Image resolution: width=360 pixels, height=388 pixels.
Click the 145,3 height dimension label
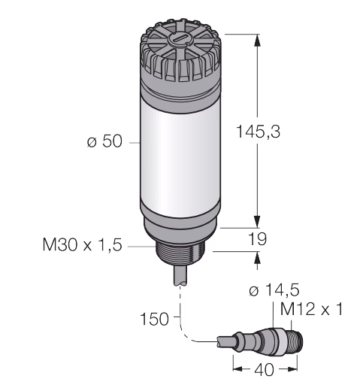click(258, 132)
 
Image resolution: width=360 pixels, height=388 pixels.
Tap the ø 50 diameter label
click(104, 141)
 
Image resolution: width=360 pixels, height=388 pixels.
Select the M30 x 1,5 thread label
click(83, 244)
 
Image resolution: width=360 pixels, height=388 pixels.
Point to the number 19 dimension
click(257, 239)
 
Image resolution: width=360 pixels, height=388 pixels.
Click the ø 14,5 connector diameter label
click(274, 290)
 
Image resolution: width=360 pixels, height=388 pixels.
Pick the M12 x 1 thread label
click(311, 309)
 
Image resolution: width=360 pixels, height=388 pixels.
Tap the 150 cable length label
click(154, 319)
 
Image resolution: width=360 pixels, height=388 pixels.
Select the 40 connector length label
click(265, 370)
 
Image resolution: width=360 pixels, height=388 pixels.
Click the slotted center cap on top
click(180, 40)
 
